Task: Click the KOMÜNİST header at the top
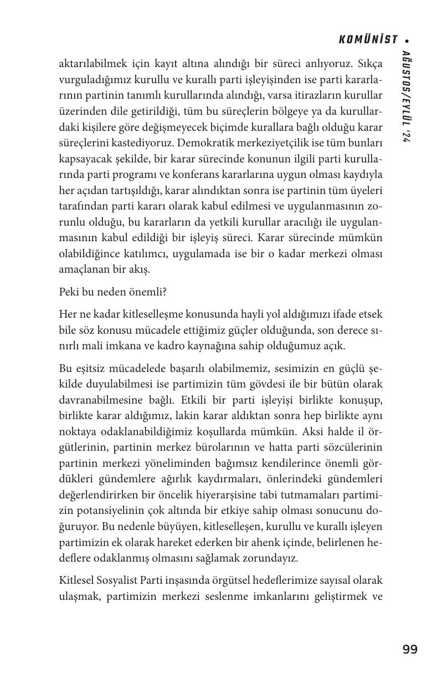pyautogui.click(x=368, y=39)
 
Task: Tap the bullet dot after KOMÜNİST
pyautogui.click(x=408, y=40)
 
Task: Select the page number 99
pyautogui.click(x=410, y=649)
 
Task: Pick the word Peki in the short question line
pyautogui.click(x=69, y=292)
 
